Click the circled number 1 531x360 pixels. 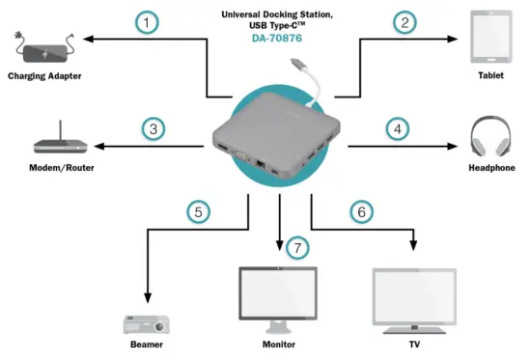146,21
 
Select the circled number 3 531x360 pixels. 152,126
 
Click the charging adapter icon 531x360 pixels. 44,44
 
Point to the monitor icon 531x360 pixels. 278,295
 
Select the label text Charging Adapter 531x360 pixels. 43,75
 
